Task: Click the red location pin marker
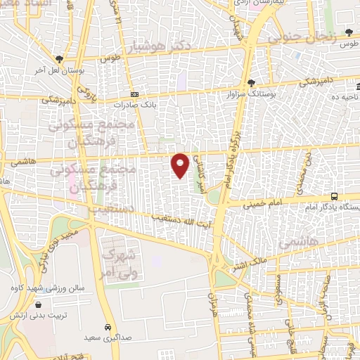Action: pos(180,164)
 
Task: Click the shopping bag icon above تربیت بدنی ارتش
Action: pos(37,305)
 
